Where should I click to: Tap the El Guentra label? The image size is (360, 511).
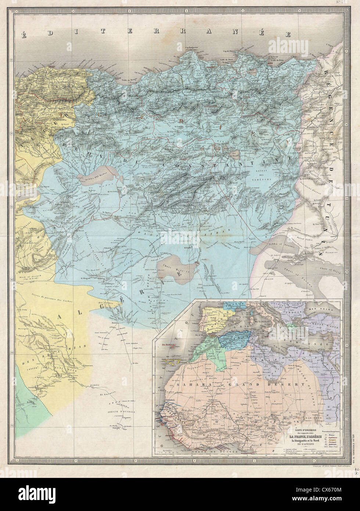coord(105,395)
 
